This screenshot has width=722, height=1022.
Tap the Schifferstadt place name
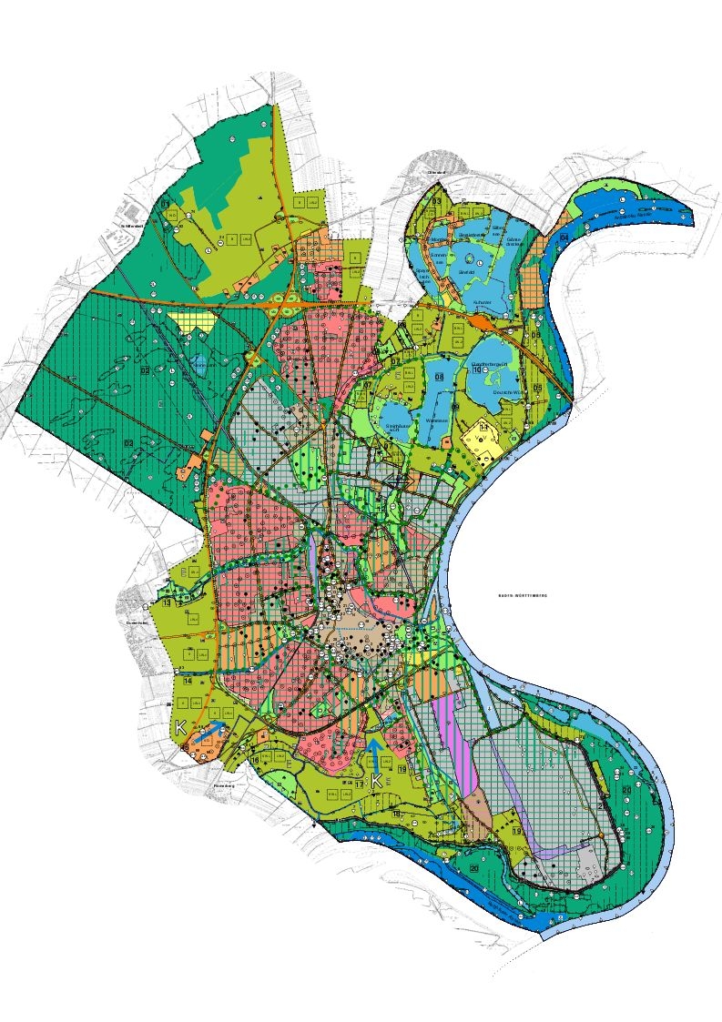coord(134,226)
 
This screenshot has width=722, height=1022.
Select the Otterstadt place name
coord(436,171)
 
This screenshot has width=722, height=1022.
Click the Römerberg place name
coord(224,785)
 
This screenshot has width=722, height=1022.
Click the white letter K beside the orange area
coord(181,727)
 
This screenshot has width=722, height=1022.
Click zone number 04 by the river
coord(564,237)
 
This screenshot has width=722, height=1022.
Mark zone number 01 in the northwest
coord(167,206)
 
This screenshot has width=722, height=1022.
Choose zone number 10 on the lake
coord(476,372)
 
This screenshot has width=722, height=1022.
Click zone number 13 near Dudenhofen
coord(168,602)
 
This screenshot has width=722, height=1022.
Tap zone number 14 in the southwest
coord(187,680)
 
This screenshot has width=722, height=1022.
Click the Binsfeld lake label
coord(467,271)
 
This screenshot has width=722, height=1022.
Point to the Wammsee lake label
coord(433,420)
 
